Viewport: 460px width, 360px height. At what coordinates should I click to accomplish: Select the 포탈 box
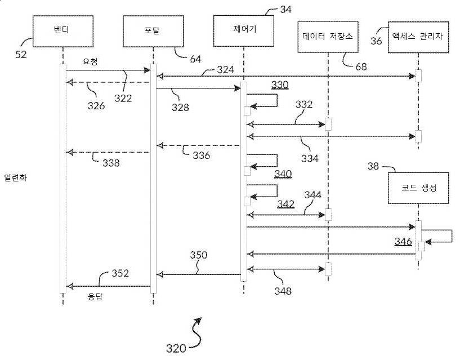click(153, 32)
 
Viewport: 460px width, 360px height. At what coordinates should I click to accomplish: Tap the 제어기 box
click(244, 29)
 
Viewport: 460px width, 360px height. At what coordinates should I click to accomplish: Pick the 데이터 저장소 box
click(327, 37)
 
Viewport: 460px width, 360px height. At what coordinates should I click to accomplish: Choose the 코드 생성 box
click(418, 188)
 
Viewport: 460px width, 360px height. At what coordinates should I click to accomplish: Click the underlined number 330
click(280, 85)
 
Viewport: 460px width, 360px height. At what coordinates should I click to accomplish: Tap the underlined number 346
click(403, 241)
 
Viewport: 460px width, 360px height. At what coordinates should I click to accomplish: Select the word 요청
click(90, 62)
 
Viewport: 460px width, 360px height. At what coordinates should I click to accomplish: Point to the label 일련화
click(15, 177)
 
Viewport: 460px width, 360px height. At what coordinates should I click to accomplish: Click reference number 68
click(361, 66)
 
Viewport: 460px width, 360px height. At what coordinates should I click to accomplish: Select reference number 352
click(120, 273)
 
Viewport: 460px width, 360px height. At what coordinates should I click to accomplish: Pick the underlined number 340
click(283, 174)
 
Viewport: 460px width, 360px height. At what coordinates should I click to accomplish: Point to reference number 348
click(283, 291)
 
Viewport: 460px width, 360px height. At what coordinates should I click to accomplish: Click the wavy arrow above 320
click(198, 329)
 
